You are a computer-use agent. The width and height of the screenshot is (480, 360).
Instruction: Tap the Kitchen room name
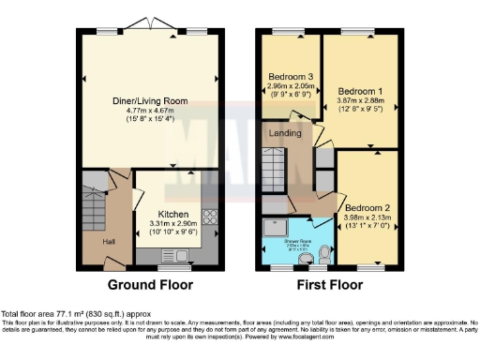[172, 211]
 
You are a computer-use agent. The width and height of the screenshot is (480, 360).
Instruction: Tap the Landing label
[285, 133]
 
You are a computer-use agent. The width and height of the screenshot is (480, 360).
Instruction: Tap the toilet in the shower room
[322, 251]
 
